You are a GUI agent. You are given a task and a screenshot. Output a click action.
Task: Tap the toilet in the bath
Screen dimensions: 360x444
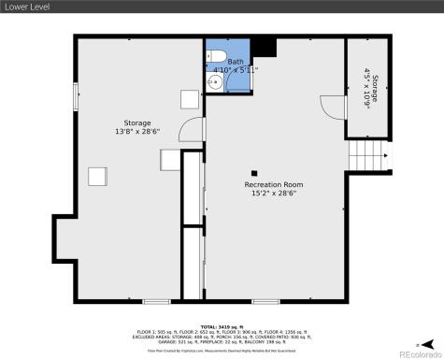pyautogui.click(x=214, y=53)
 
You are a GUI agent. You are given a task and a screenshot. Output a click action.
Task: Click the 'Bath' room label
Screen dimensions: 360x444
pyautogui.click(x=235, y=62)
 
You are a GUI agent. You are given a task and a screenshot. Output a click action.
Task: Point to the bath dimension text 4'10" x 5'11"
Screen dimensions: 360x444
pyautogui.click(x=236, y=70)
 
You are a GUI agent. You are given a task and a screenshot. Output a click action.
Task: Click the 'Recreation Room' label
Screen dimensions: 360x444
pyautogui.click(x=274, y=184)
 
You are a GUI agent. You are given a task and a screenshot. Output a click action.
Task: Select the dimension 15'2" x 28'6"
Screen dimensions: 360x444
pyautogui.click(x=274, y=194)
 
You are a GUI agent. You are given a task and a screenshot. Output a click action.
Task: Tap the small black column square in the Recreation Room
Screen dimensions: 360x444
pyautogui.click(x=254, y=172)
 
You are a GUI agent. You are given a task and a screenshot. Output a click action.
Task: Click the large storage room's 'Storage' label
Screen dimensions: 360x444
pyautogui.click(x=137, y=123)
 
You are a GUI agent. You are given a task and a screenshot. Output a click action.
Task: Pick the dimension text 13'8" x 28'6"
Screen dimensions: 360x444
pyautogui.click(x=137, y=133)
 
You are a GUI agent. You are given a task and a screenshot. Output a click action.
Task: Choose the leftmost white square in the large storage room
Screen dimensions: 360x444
pyautogui.click(x=97, y=175)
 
